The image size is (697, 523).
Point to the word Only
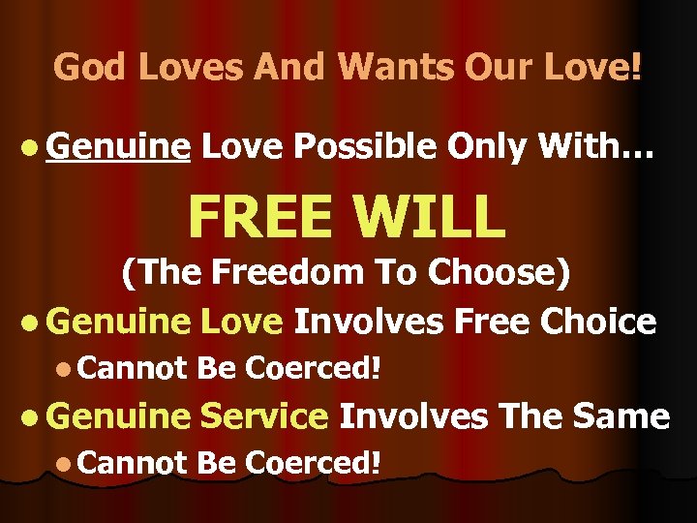490,147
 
